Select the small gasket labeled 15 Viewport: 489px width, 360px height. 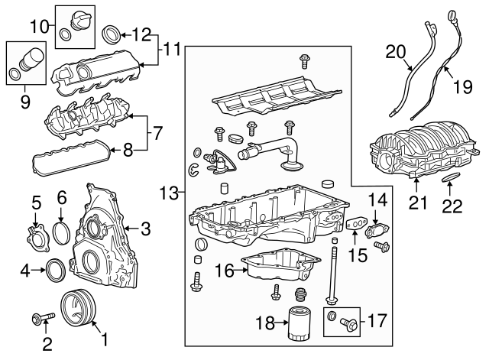(x=355, y=225)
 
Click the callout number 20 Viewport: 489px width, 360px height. (x=395, y=52)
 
